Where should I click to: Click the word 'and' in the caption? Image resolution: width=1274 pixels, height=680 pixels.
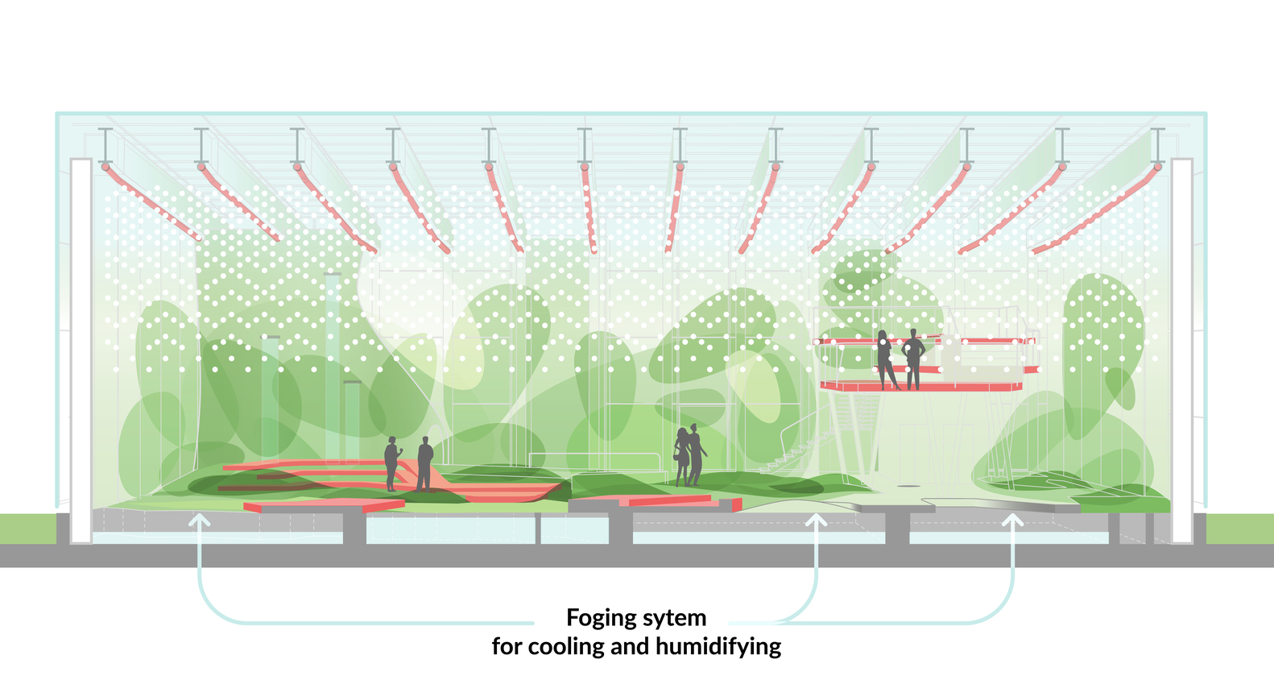tap(630, 646)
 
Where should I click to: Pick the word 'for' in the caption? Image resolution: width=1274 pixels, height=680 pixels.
tap(507, 646)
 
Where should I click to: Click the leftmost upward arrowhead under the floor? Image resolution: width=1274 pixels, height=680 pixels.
tap(199, 520)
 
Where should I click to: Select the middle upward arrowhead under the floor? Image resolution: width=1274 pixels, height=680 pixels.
tap(816, 520)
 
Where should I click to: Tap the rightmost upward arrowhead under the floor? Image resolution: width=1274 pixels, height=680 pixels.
tap(1012, 520)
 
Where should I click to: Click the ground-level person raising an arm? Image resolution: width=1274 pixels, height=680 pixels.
tap(391, 463)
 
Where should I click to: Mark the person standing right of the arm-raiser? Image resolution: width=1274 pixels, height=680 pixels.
tap(424, 463)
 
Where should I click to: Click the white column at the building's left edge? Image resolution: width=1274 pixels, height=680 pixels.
tap(81, 350)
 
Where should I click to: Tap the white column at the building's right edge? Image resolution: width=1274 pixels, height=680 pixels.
tap(1181, 350)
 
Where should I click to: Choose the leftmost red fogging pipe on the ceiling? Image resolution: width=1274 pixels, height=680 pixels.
tap(153, 201)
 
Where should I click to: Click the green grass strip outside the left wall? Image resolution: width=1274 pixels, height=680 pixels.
tap(27, 529)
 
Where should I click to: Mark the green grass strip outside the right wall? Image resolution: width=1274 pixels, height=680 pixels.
tap(1240, 529)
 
